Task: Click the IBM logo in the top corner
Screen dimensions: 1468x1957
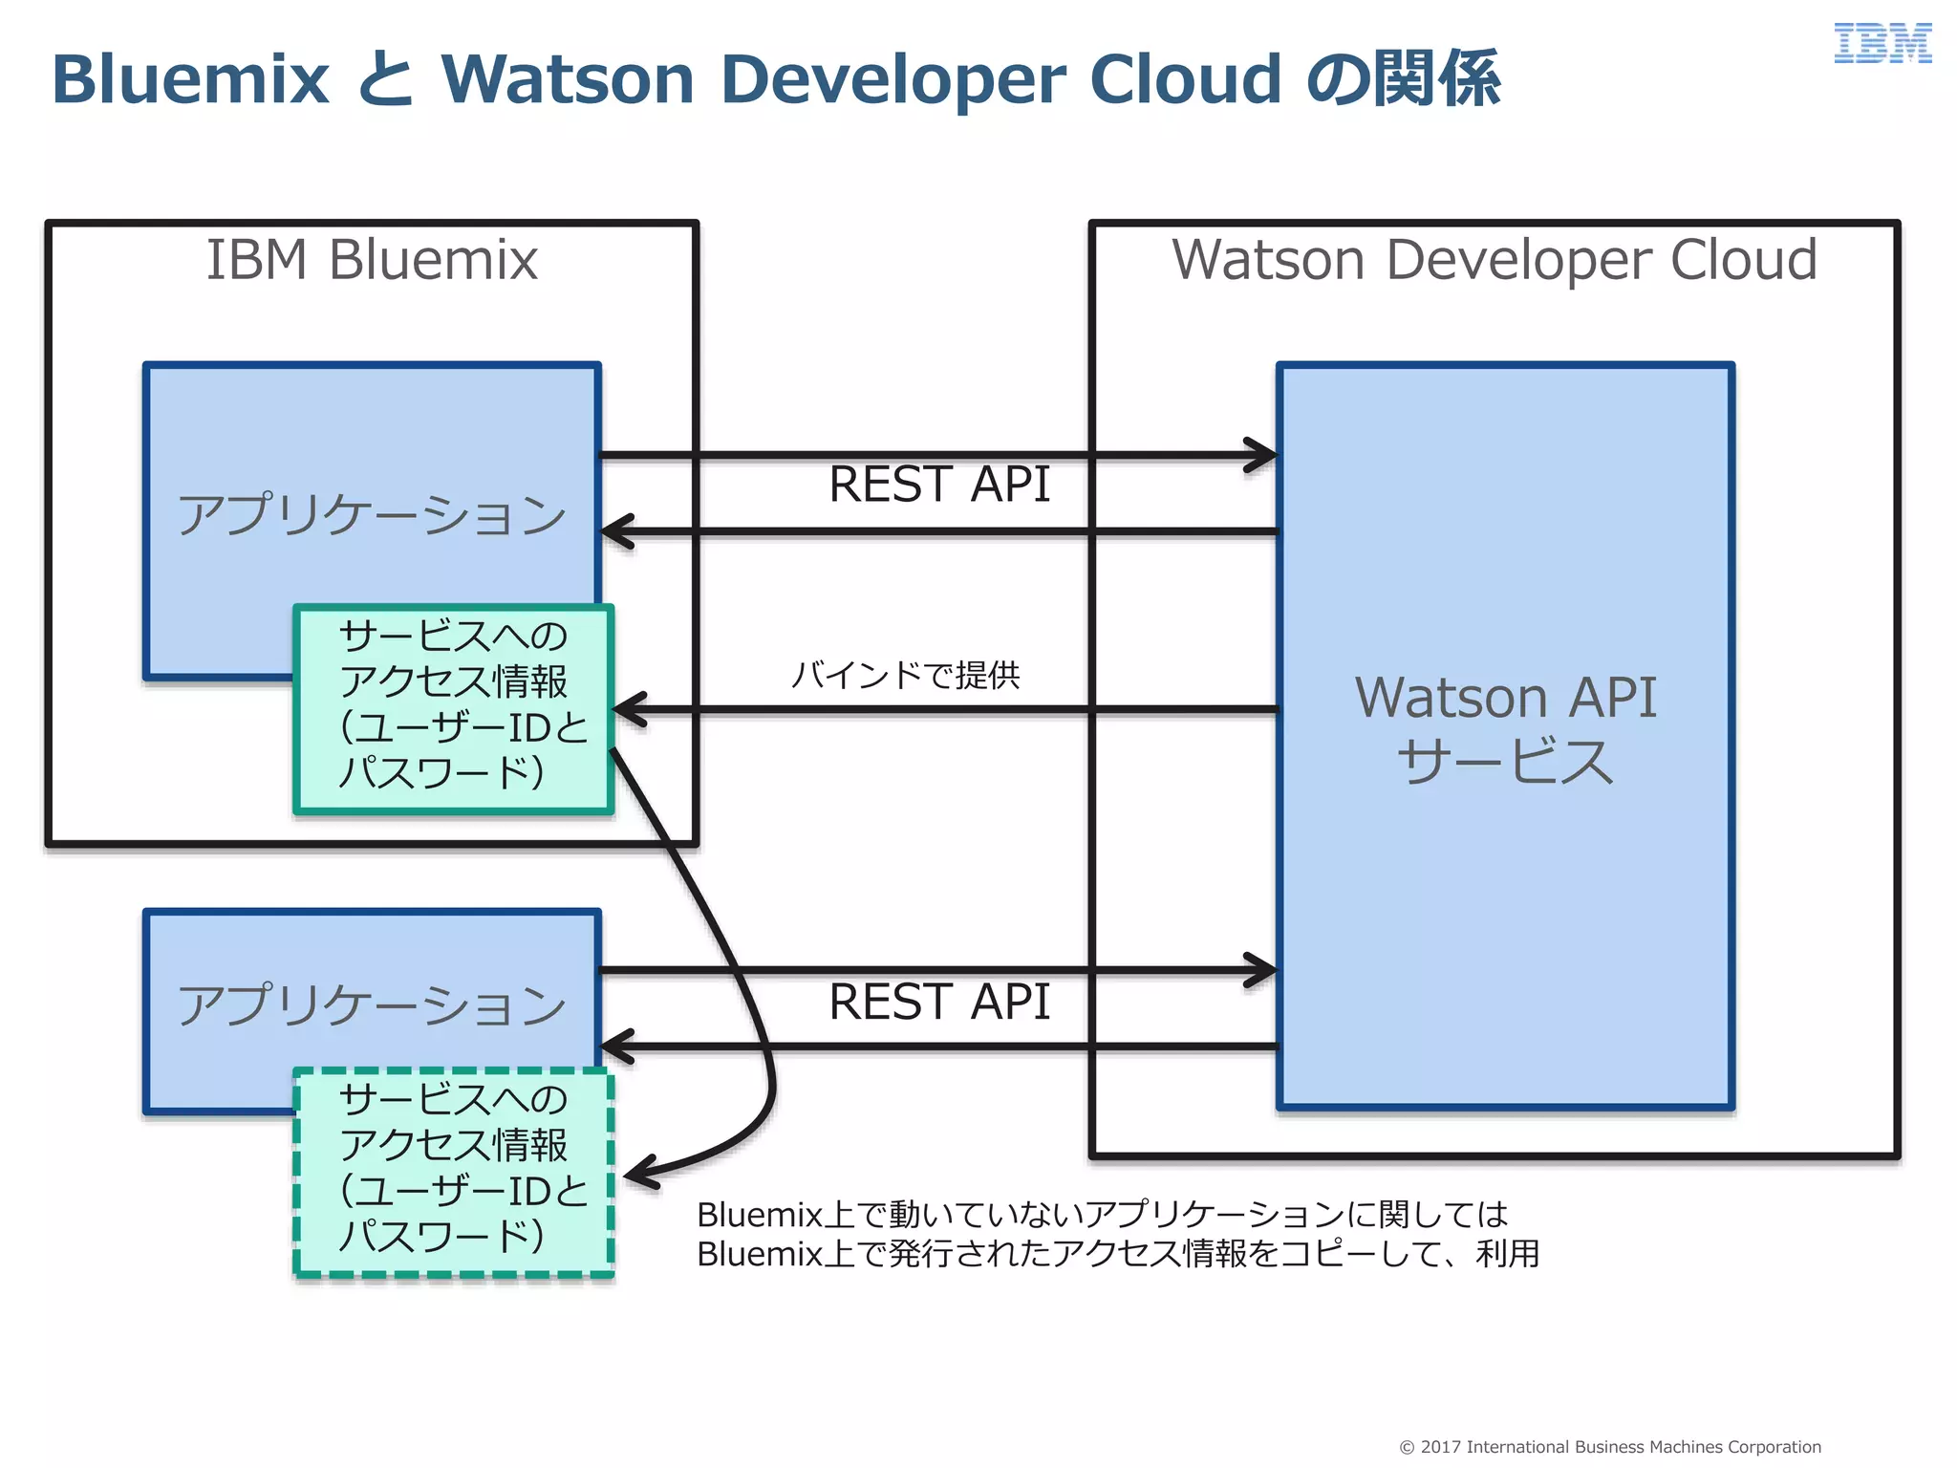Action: [1882, 44]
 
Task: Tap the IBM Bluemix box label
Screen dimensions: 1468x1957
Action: [372, 260]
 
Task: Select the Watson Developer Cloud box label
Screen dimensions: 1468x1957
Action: [1495, 260]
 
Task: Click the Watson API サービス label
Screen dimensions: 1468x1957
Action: [1505, 728]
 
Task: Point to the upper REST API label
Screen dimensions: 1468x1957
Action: [939, 485]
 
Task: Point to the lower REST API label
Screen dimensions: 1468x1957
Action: [939, 1003]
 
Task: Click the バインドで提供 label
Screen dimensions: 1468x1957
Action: [906, 676]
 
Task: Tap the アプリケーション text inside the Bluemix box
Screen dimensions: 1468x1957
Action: [372, 515]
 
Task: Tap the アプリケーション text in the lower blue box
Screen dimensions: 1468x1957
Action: [372, 1005]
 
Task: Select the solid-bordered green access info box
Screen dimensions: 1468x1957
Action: [454, 709]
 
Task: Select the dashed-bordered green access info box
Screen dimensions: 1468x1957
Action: [454, 1173]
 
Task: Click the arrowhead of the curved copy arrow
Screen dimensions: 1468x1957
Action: [638, 1174]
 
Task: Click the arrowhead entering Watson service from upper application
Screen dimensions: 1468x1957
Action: [1263, 455]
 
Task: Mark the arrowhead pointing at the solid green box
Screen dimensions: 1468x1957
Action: [627, 710]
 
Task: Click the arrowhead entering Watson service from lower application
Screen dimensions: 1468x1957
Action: [1263, 970]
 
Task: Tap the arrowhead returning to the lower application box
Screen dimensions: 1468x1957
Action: [616, 1047]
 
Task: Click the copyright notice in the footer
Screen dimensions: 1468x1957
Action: [1610, 1447]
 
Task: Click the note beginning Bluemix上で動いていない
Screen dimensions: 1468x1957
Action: [1116, 1234]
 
